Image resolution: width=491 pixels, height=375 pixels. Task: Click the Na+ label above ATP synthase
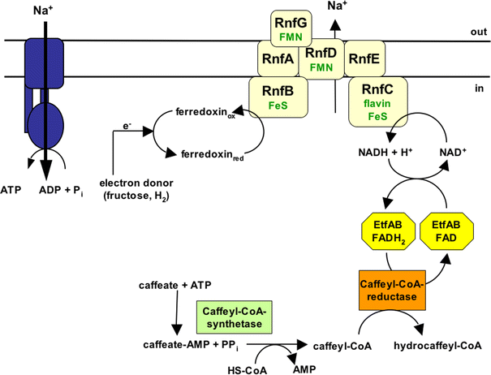click(48, 11)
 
